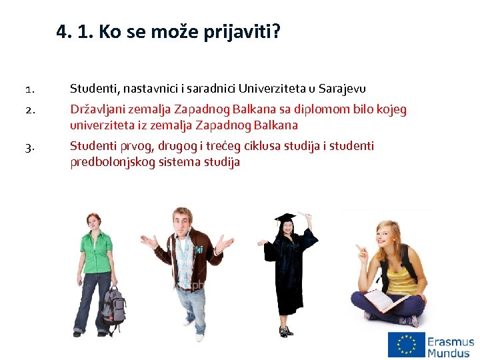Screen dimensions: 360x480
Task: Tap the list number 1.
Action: (x=29, y=89)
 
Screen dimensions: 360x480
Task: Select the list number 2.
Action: (x=29, y=110)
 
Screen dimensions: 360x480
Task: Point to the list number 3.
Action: (x=29, y=147)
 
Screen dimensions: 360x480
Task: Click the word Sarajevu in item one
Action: (x=342, y=89)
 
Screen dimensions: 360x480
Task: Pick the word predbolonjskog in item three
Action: (x=113, y=162)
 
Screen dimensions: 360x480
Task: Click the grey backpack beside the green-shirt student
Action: (x=114, y=305)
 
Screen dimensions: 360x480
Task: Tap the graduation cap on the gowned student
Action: (x=286, y=219)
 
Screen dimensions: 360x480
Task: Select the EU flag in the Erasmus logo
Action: (x=407, y=345)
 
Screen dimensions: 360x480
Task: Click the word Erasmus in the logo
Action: (x=451, y=341)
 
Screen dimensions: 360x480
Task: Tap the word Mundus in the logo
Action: (x=449, y=353)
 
